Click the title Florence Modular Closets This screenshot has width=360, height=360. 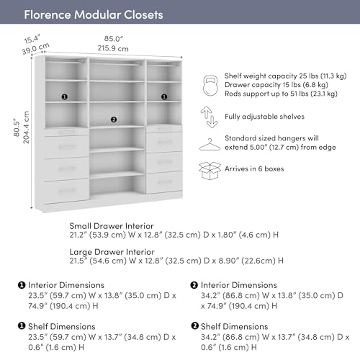(x=94, y=14)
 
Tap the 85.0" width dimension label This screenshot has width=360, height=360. (x=114, y=39)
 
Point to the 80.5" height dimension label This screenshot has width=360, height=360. (x=17, y=127)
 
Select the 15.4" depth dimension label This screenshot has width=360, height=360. (x=32, y=39)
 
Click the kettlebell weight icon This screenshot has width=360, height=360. (x=210, y=86)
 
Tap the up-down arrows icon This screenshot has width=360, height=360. (x=209, y=117)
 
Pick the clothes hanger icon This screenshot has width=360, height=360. (x=210, y=145)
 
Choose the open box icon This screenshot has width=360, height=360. (x=210, y=171)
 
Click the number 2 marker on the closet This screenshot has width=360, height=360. (x=114, y=120)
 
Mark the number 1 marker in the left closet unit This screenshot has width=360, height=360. (x=65, y=97)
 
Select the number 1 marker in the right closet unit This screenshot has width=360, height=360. (x=164, y=97)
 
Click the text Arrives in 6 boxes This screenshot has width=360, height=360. (x=254, y=168)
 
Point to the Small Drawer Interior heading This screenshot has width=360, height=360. (x=112, y=226)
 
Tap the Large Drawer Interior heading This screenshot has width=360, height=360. (x=112, y=252)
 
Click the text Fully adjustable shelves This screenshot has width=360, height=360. (x=264, y=117)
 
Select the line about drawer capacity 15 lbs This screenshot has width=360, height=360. (x=276, y=85)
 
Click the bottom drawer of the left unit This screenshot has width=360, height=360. (x=67, y=190)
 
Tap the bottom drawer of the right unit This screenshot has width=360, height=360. (x=164, y=182)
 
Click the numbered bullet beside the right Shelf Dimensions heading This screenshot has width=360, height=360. (x=194, y=325)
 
